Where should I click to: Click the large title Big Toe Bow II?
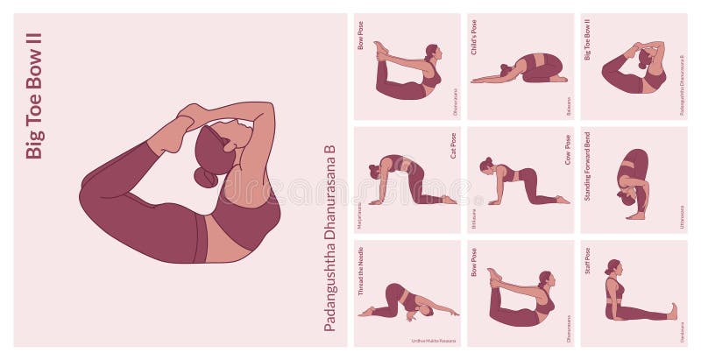[34, 95]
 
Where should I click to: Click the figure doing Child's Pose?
[522, 70]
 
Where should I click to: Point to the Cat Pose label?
[453, 145]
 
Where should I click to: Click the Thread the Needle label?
[360, 272]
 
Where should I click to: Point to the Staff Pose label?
[587, 264]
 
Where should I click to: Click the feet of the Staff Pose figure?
[672, 311]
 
